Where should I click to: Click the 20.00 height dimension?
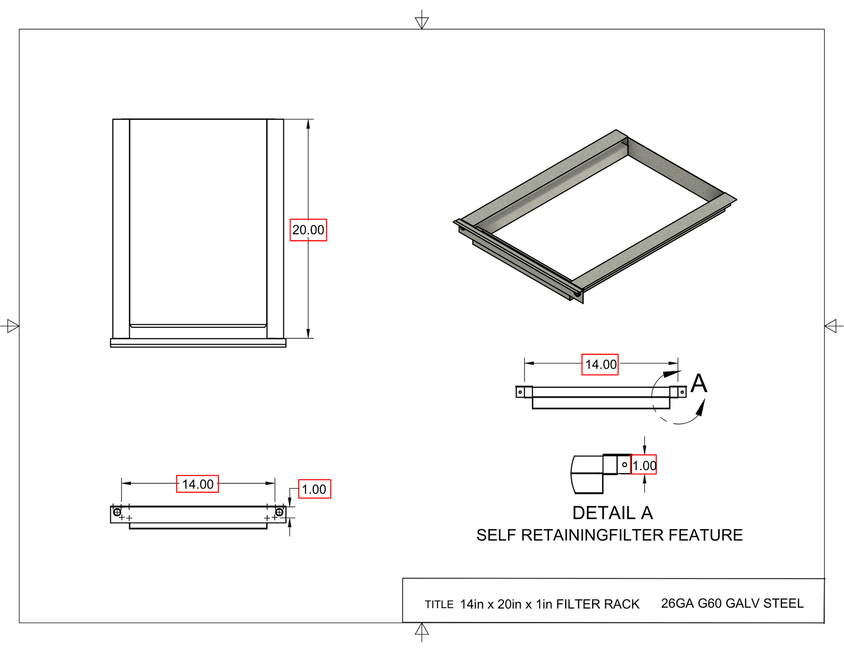click(x=308, y=230)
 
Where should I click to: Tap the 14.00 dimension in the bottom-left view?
click(x=197, y=484)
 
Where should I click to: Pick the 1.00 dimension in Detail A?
click(x=644, y=465)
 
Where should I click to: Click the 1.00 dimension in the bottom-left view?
click(x=314, y=489)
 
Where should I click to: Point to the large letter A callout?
click(x=699, y=383)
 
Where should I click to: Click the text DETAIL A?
click(x=612, y=513)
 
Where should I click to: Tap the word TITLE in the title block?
click(x=439, y=605)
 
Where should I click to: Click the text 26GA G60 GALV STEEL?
click(x=732, y=603)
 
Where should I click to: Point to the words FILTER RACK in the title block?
click(x=598, y=604)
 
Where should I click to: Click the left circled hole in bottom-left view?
click(x=117, y=512)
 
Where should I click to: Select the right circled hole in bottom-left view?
click(x=279, y=512)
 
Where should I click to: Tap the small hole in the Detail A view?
click(x=625, y=465)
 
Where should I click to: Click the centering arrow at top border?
click(x=422, y=22)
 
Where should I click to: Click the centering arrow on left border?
click(x=13, y=326)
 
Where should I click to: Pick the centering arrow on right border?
click(x=831, y=326)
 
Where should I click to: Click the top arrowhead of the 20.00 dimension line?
click(x=308, y=125)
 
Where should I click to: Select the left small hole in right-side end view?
click(x=520, y=392)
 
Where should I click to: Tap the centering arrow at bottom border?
click(x=422, y=629)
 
